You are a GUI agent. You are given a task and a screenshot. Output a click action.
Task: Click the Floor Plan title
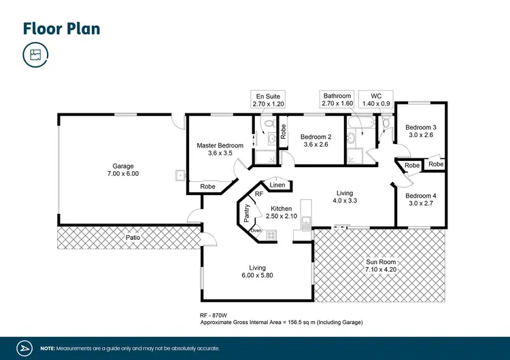[62, 28]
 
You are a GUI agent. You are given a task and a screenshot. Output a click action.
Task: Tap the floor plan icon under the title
[34, 55]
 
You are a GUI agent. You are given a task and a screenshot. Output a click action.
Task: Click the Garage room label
[123, 170]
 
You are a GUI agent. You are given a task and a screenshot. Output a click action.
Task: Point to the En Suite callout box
[267, 101]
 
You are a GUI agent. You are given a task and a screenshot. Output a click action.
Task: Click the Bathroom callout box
[337, 101]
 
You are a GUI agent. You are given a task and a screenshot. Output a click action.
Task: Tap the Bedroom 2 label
[315, 140]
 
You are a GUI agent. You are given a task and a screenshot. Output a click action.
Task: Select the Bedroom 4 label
[420, 199]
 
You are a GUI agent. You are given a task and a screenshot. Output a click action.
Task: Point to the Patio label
[134, 238]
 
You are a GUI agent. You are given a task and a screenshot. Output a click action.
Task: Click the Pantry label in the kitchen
[246, 213]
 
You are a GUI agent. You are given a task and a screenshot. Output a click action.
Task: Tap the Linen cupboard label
[277, 185]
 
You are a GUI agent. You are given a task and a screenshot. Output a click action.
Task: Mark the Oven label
[256, 231]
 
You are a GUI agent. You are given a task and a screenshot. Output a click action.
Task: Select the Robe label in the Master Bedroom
[208, 186]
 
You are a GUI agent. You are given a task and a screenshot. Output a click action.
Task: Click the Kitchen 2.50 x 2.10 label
[282, 212]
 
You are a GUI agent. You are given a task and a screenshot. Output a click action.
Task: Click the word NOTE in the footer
[48, 348]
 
